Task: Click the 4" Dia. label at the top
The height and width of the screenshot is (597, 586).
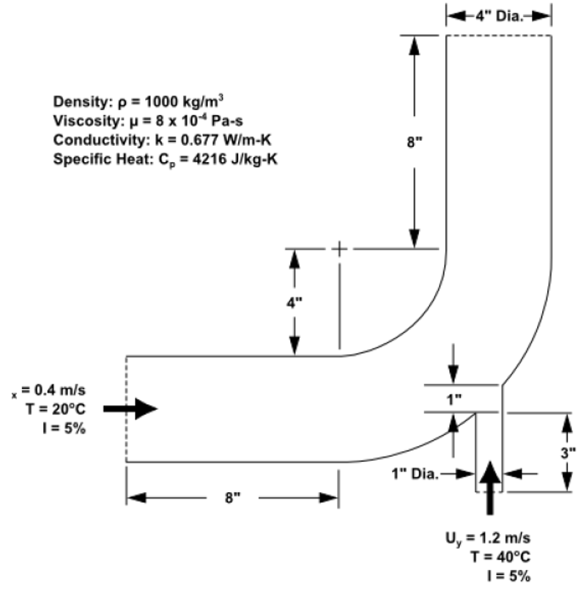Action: [499, 16]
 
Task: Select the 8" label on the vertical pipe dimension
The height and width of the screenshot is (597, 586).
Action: [415, 142]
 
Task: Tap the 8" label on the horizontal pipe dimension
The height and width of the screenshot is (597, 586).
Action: [233, 497]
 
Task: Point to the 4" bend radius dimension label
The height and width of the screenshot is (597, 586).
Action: [294, 303]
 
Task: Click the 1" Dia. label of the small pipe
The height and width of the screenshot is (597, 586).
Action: [415, 474]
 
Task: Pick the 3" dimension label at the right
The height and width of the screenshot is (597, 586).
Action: [568, 453]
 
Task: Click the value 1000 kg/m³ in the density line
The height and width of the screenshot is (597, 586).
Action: [184, 101]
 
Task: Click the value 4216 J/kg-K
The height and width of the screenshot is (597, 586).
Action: [235, 158]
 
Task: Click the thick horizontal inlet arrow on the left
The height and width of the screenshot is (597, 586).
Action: [130, 409]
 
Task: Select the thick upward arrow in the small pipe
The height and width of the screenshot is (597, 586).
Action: [490, 488]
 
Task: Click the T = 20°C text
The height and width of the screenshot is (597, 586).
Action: [56, 409]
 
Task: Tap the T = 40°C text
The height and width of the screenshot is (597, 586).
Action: [500, 557]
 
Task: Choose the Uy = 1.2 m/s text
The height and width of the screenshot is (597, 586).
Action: [488, 538]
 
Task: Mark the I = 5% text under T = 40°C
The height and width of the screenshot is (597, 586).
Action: [509, 576]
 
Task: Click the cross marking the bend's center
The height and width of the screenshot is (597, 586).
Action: [339, 249]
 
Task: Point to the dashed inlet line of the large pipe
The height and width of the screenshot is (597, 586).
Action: [127, 409]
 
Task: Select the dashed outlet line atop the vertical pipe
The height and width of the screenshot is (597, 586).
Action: [499, 35]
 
